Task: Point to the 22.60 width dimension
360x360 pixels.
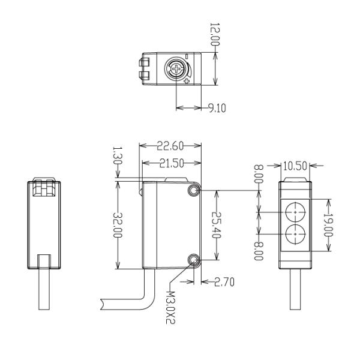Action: [170, 145]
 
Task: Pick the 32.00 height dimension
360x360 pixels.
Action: [118, 226]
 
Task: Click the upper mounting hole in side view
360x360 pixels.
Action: [193, 191]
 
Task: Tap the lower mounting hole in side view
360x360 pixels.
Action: [193, 260]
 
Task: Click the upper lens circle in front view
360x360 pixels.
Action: [295, 212]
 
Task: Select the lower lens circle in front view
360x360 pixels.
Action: [295, 232]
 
